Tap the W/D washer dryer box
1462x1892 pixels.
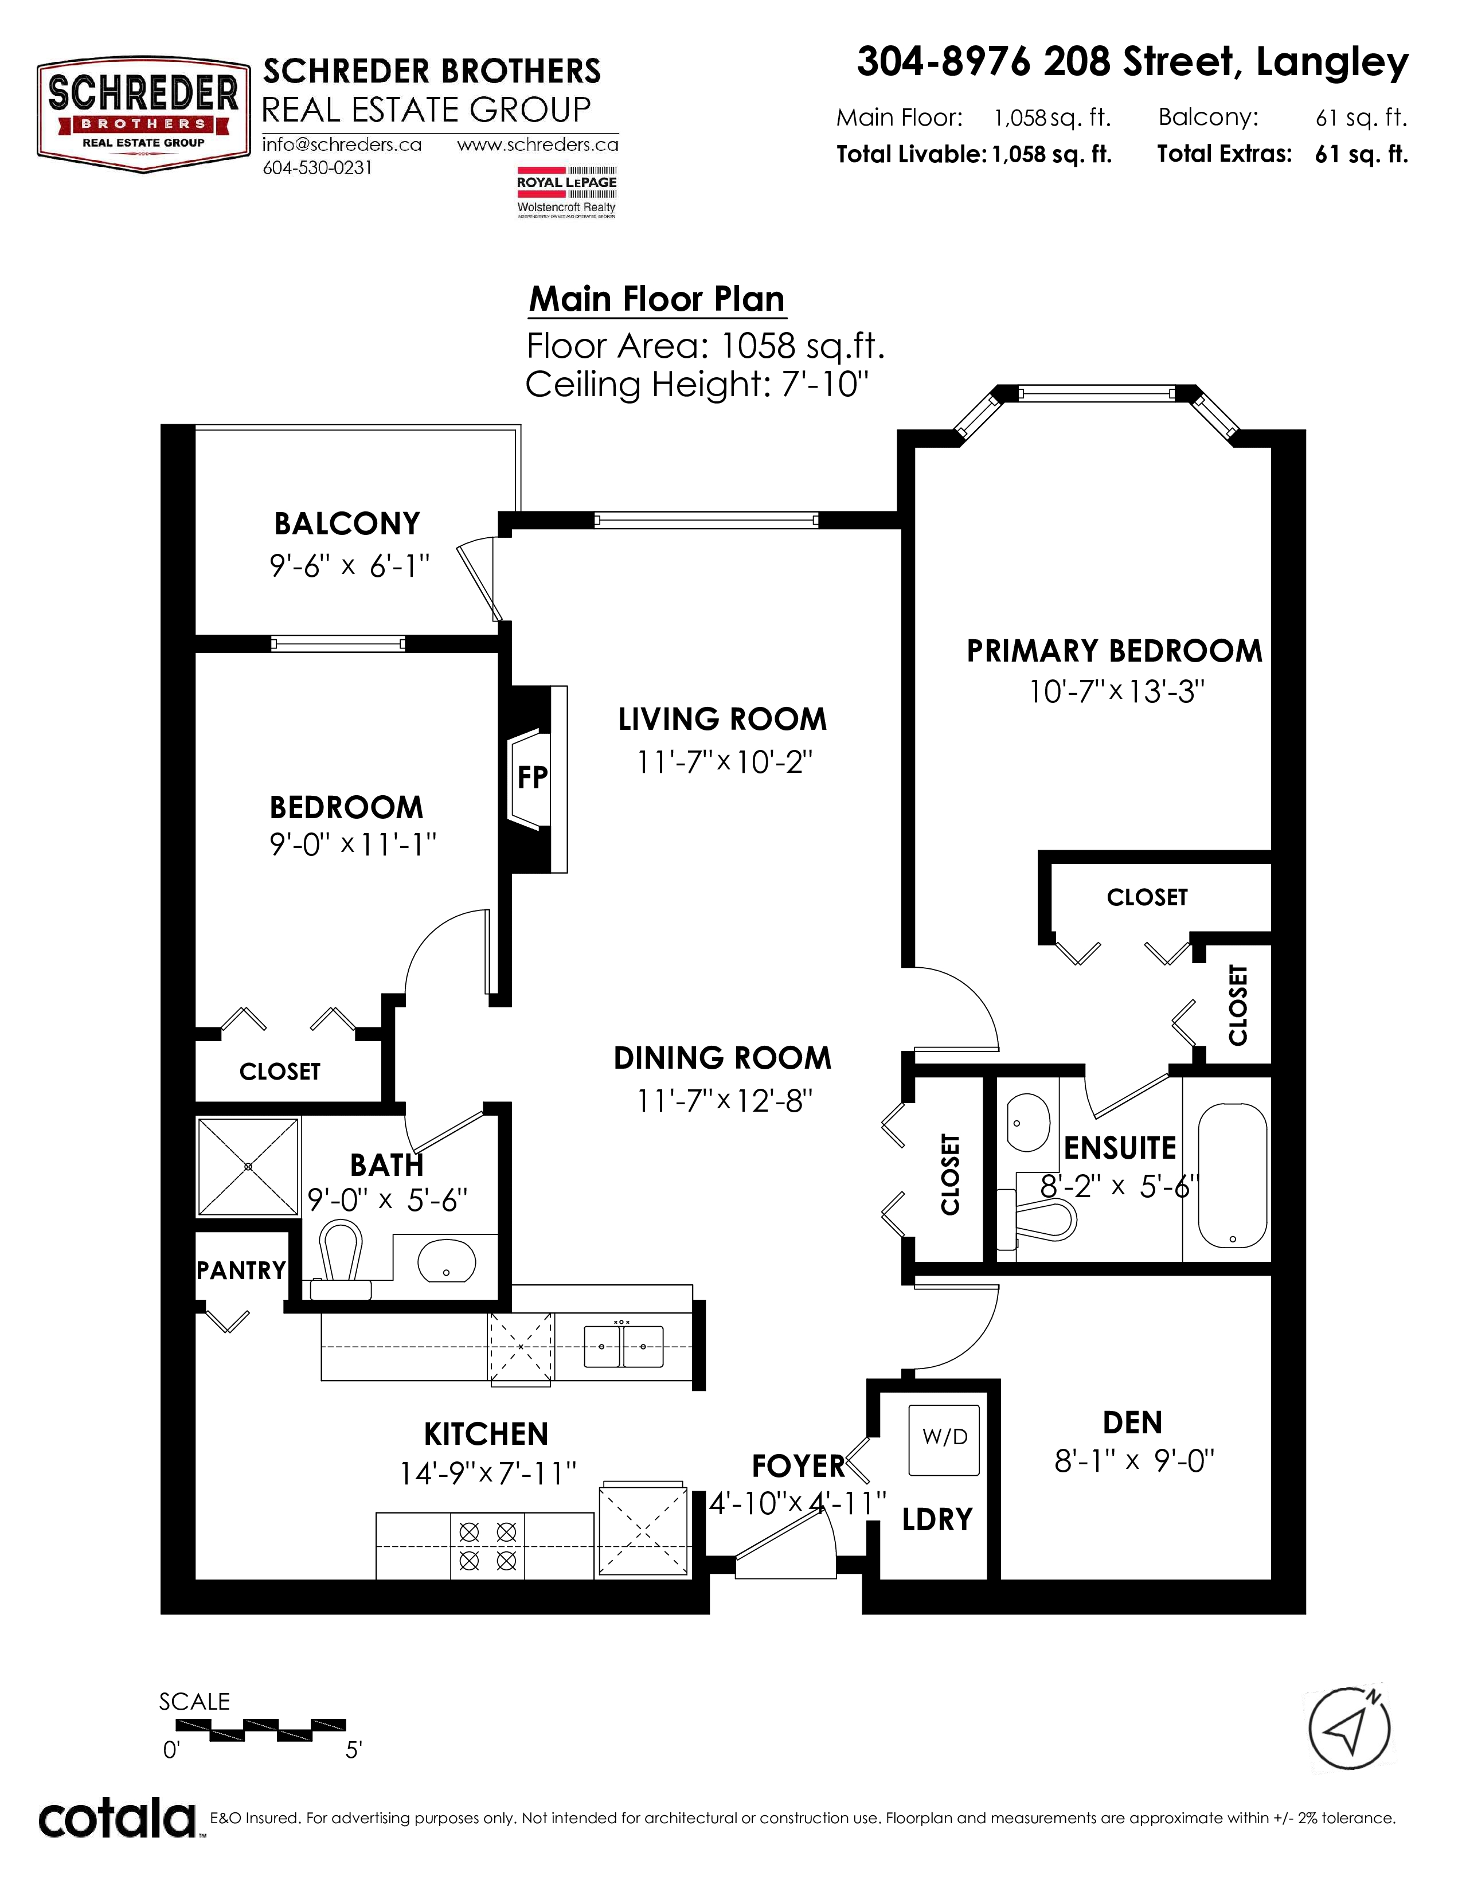pyautogui.click(x=944, y=1440)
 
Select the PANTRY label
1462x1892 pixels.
pyautogui.click(x=241, y=1270)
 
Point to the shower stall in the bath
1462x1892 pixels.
pyautogui.click(x=249, y=1166)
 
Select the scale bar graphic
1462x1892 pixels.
pyautogui.click(x=252, y=1729)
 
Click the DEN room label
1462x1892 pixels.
pyautogui.click(x=1132, y=1422)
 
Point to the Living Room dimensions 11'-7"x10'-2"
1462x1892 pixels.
pyautogui.click(x=725, y=763)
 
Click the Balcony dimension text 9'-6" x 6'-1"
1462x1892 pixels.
pyautogui.click(x=349, y=566)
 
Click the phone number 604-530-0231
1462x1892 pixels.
pyautogui.click(x=317, y=168)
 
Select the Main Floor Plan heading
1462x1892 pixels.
pyautogui.click(x=656, y=299)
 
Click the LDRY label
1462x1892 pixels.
pyautogui.click(x=937, y=1519)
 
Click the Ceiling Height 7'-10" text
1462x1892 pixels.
pyautogui.click(x=697, y=384)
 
